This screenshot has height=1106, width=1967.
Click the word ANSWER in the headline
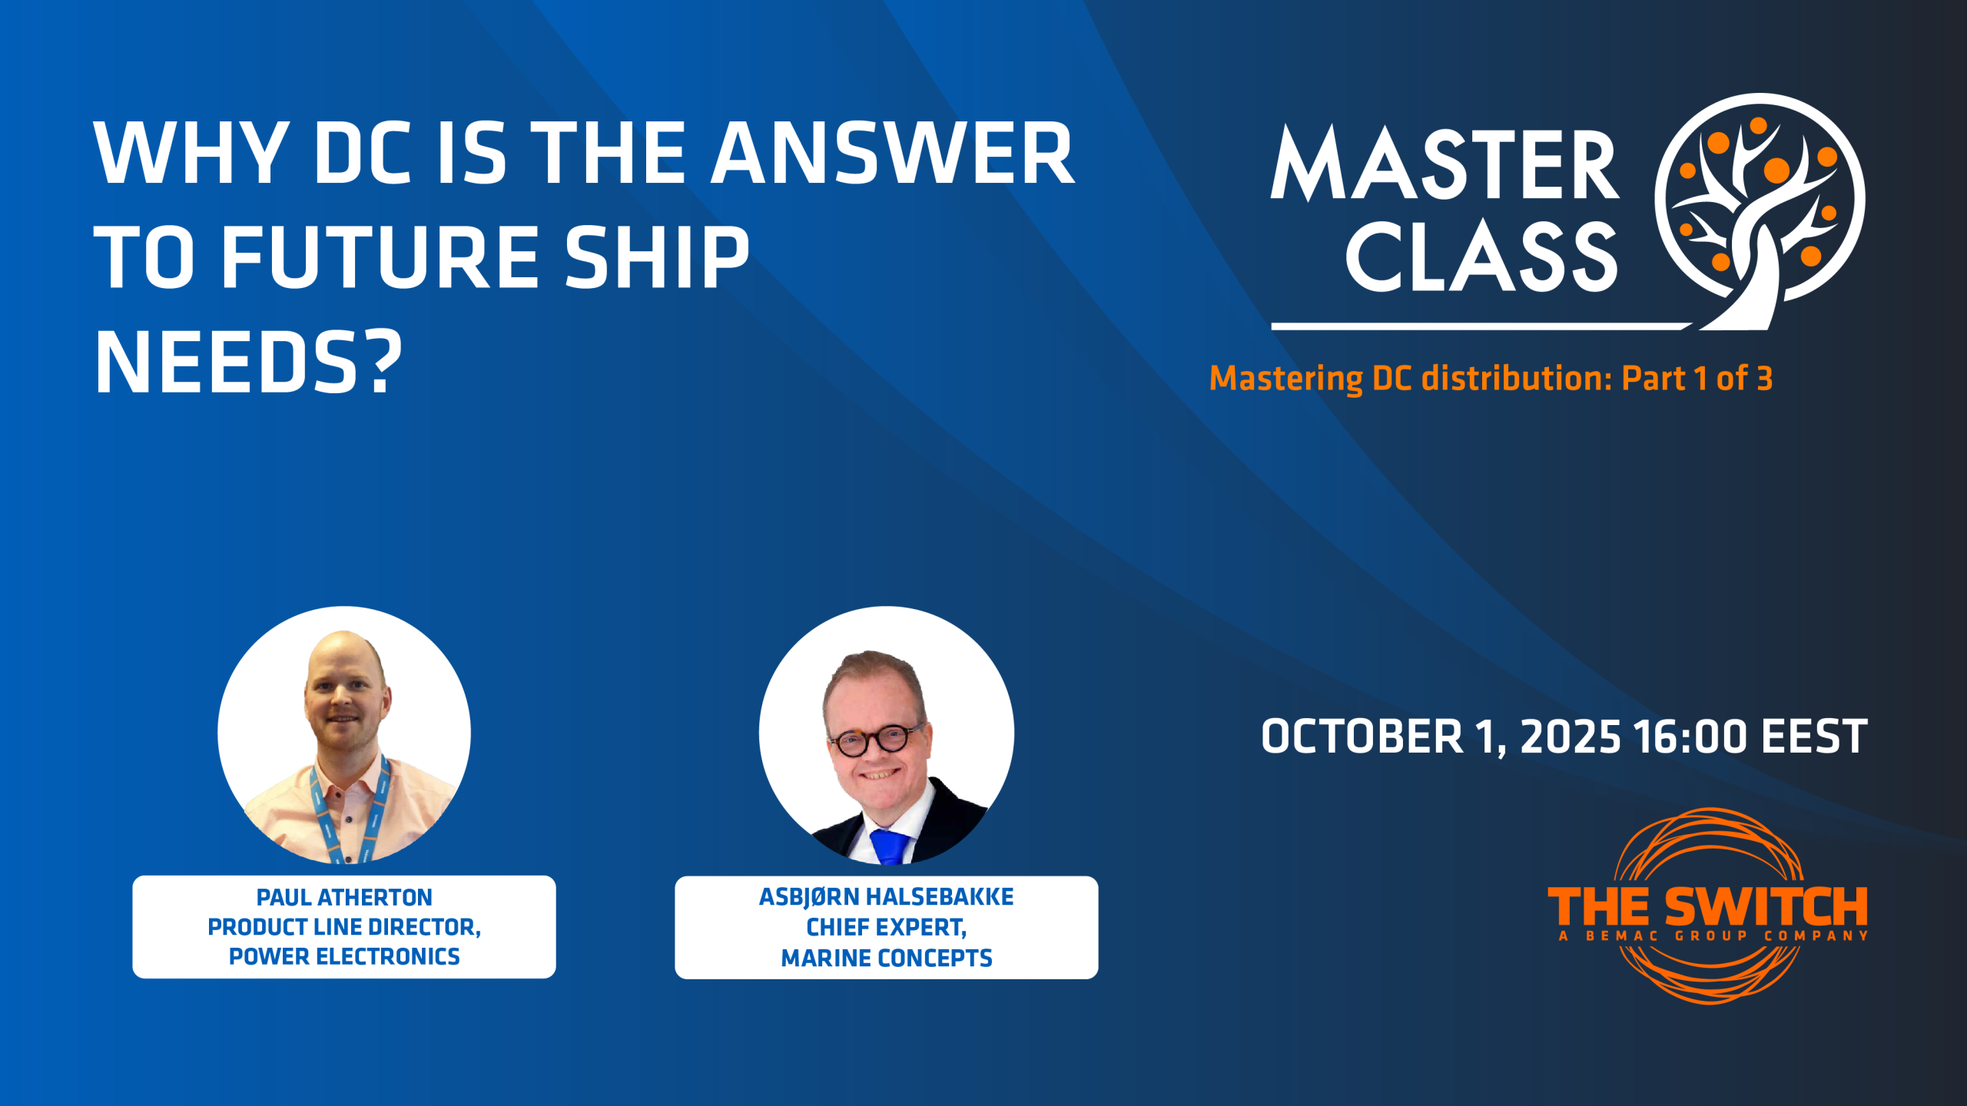[892, 153]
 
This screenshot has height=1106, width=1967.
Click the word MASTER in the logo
[1445, 164]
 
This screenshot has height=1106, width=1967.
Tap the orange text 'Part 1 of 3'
[1697, 378]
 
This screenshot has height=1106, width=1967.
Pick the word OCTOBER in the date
[1362, 737]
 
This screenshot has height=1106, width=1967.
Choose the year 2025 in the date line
[1571, 737]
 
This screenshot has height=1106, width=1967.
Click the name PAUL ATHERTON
[344, 897]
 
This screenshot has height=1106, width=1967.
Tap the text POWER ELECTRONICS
[344, 956]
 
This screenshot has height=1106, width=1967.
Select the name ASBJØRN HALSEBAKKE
[887, 896]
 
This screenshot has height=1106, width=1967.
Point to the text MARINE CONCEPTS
[887, 958]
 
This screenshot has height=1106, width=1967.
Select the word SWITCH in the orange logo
[1766, 907]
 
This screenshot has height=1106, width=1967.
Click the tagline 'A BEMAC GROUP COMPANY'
[1713, 935]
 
